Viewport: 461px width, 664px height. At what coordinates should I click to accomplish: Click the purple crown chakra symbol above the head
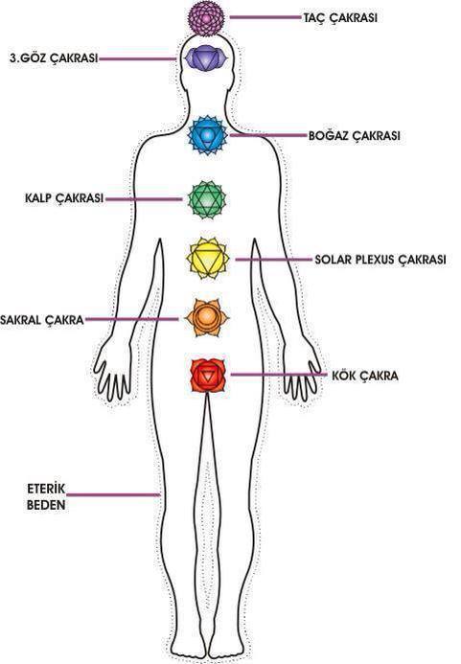click(x=205, y=18)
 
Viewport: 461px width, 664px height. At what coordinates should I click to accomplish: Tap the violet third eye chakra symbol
click(x=205, y=57)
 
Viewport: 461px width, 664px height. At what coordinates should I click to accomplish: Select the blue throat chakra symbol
click(x=207, y=135)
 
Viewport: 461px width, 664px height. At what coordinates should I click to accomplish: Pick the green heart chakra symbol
click(x=207, y=199)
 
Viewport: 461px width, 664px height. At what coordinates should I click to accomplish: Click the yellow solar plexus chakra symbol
click(x=208, y=258)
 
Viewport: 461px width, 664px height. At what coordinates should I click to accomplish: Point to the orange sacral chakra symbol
click(x=207, y=317)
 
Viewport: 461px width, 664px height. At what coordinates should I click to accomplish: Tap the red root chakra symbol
click(x=208, y=376)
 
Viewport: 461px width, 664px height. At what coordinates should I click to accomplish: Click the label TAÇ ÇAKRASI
click(x=340, y=18)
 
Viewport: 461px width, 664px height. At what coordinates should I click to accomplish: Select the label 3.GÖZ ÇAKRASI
click(x=54, y=58)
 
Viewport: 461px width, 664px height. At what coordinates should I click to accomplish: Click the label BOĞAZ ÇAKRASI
click(x=355, y=136)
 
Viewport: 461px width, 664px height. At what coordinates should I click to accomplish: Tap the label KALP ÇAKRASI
click(x=64, y=198)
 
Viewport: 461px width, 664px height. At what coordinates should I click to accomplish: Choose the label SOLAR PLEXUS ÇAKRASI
click(x=380, y=259)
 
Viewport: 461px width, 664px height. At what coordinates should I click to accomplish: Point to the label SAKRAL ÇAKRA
click(x=42, y=320)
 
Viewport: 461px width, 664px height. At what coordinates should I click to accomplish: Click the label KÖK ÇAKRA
click(x=365, y=376)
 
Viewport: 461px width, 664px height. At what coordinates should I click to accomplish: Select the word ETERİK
click(x=46, y=489)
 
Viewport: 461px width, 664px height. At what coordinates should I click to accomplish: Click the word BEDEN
click(x=46, y=505)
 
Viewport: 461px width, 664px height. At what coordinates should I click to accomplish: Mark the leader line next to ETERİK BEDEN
click(x=113, y=494)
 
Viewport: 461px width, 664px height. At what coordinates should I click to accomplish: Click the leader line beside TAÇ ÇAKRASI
click(x=265, y=17)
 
